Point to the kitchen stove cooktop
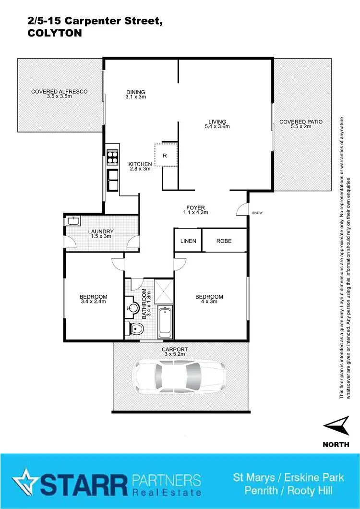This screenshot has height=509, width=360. (112, 158)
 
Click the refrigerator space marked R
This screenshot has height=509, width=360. (165, 155)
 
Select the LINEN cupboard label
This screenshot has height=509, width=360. (188, 241)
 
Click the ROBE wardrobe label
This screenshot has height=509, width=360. (224, 241)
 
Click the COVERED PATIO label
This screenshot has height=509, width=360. (301, 122)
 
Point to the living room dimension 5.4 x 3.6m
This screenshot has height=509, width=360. (217, 127)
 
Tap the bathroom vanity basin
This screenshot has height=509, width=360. (132, 306)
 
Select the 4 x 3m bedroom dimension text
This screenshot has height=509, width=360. (209, 302)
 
